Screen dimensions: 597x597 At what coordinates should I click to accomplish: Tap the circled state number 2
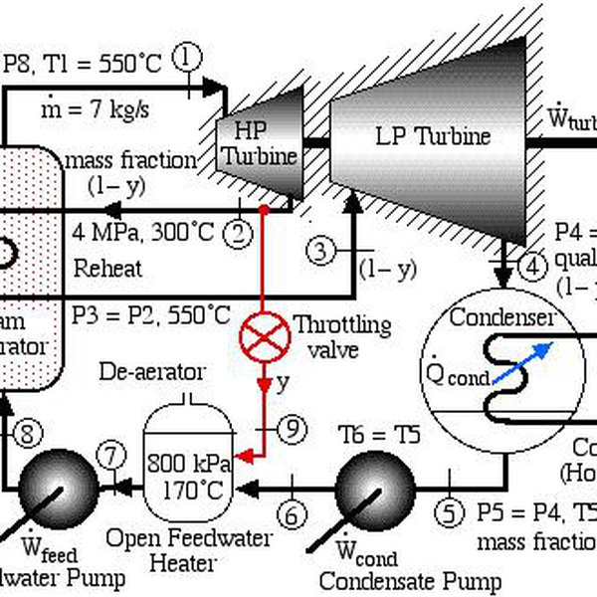click(238, 235)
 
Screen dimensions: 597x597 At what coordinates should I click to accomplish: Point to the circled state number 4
click(533, 266)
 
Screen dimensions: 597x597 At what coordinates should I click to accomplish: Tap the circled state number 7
click(109, 456)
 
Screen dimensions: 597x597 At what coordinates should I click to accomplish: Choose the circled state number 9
click(288, 428)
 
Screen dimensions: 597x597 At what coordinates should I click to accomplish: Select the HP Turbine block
click(258, 140)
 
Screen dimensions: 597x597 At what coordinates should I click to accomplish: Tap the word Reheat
click(107, 269)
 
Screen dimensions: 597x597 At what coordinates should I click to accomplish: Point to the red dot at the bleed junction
click(263, 210)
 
